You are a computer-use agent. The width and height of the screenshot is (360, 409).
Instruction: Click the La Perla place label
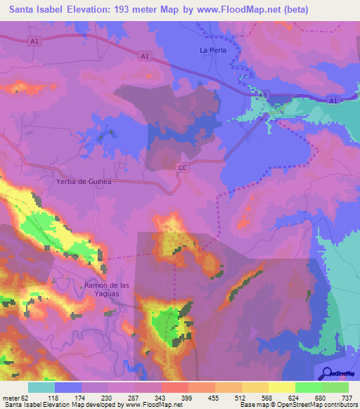click(x=211, y=50)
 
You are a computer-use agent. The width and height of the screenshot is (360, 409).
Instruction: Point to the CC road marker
click(x=183, y=167)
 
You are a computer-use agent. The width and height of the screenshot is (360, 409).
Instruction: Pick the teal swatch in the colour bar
click(x=41, y=388)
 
